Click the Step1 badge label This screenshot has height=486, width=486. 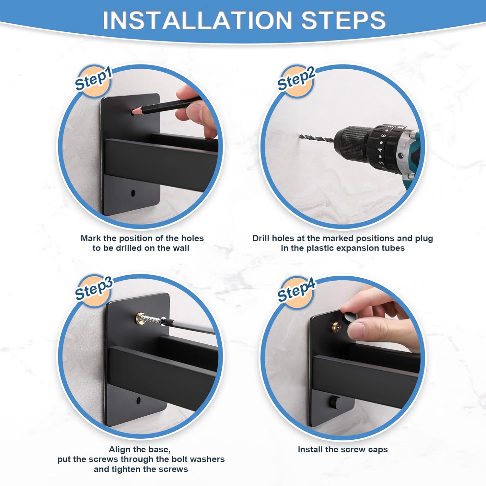[x=93, y=79]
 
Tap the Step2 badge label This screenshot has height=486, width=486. [x=296, y=79]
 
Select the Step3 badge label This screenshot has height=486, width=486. [x=93, y=289]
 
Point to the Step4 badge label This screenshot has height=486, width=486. [x=296, y=290]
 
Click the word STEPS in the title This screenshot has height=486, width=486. [x=343, y=20]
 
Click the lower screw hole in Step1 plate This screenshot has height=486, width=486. [x=133, y=193]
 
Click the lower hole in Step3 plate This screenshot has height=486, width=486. [x=138, y=400]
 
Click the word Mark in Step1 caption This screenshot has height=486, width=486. [x=91, y=238]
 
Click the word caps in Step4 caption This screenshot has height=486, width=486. [x=377, y=450]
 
